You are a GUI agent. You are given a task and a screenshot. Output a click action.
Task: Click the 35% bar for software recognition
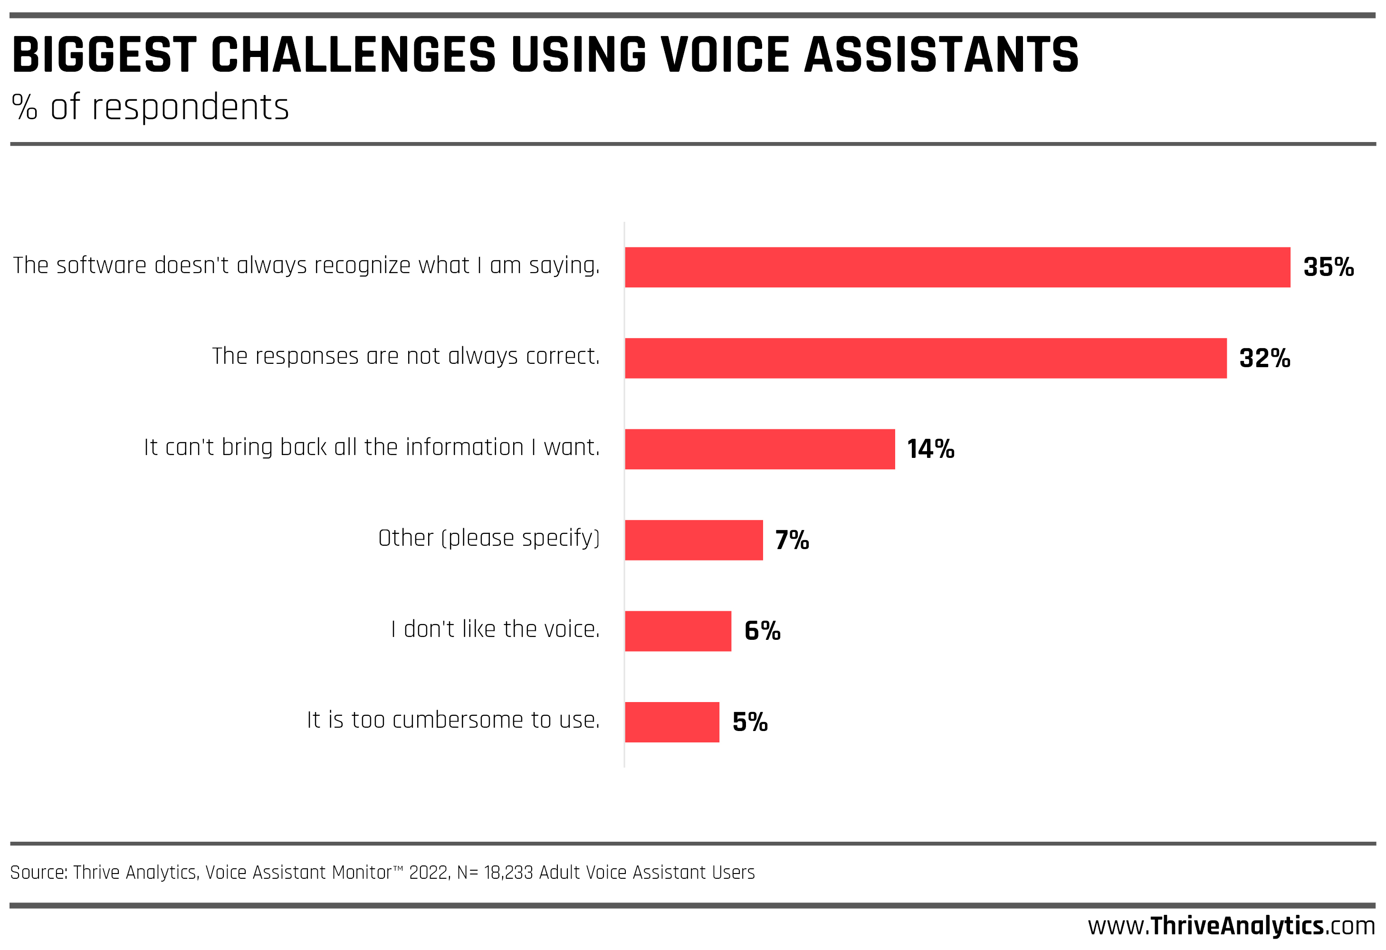pos(957,267)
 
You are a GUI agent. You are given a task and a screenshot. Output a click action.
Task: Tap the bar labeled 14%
pos(760,449)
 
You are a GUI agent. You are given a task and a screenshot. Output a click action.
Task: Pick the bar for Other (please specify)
pos(694,540)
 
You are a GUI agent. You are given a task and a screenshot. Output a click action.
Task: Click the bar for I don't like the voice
pos(678,631)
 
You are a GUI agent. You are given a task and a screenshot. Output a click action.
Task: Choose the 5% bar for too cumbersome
pos(672,722)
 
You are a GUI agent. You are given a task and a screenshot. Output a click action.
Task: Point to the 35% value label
pos(1328,267)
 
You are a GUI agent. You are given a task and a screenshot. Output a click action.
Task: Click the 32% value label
pos(1264,359)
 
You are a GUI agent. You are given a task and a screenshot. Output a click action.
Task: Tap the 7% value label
pos(792,540)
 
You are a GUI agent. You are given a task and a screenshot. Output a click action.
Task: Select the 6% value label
pos(762,631)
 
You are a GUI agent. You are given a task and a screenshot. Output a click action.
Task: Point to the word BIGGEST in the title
pos(105,55)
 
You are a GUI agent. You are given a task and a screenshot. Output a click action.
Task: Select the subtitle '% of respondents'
pos(150,107)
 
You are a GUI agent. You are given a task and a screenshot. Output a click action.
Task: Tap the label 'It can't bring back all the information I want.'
pos(372,447)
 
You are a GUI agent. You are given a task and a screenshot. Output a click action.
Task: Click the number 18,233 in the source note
pos(508,873)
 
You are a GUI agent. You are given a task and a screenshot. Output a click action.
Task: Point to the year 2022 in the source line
pos(429,873)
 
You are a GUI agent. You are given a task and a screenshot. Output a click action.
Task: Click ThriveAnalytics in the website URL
pos(1237,926)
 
